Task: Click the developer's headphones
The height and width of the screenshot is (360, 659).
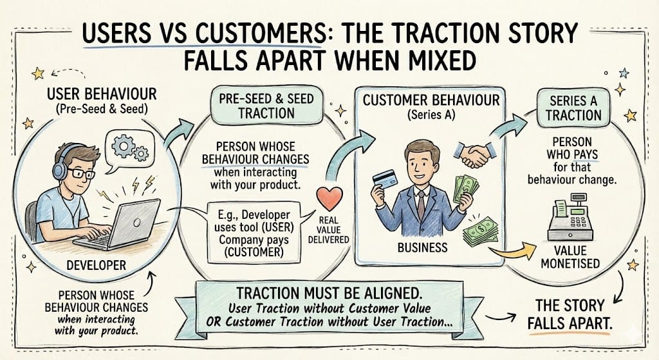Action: pyautogui.click(x=60, y=169)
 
